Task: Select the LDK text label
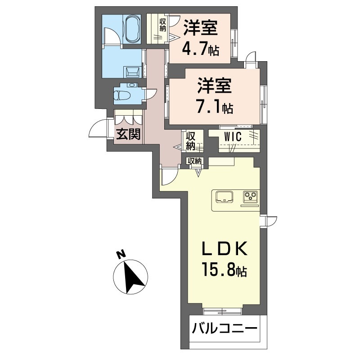tap(223, 249)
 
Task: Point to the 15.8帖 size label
tap(223, 271)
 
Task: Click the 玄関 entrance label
tap(129, 134)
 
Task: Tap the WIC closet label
tap(233, 137)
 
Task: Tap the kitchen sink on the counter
tap(224, 196)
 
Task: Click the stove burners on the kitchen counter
tap(250, 196)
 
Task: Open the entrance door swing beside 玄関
tap(98, 130)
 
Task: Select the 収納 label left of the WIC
tap(191, 140)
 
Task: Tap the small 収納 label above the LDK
tap(195, 161)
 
